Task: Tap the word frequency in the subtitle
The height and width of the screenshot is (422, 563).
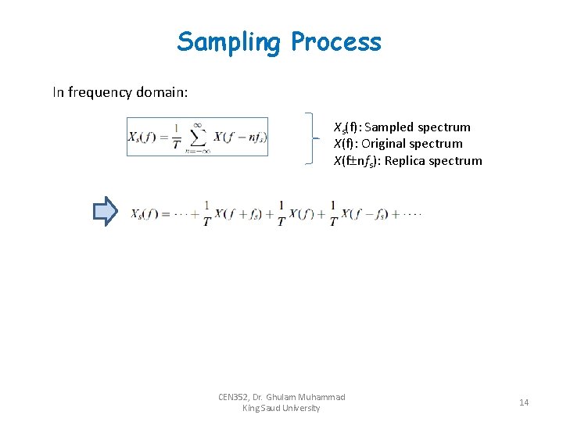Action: click(x=108, y=92)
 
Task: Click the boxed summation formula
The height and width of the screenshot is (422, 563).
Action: click(x=197, y=137)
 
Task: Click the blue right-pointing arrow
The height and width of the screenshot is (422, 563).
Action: click(x=105, y=212)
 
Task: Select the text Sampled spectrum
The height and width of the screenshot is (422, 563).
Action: click(x=417, y=127)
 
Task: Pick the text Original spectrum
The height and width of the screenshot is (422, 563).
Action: click(x=412, y=144)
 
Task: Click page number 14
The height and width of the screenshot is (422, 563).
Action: click(x=523, y=402)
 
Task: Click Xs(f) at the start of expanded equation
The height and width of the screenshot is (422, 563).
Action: click(x=146, y=213)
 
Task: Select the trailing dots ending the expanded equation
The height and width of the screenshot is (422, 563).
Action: click(x=415, y=213)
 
